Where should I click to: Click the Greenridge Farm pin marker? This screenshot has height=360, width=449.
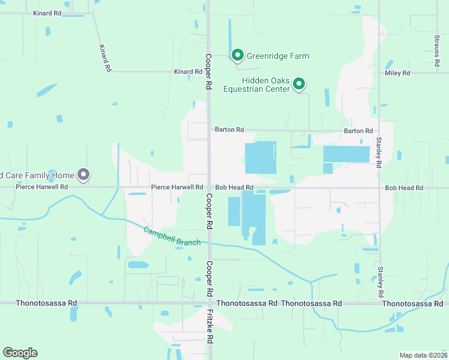[237, 55]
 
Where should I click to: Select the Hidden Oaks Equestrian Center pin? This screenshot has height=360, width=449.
[299, 85]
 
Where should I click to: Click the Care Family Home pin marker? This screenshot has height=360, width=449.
[84, 175]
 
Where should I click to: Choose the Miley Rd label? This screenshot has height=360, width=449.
[397, 73]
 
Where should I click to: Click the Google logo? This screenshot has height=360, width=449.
[20, 353]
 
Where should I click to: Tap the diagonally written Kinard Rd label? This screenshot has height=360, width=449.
[106, 58]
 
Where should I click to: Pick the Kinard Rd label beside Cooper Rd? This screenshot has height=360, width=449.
[188, 72]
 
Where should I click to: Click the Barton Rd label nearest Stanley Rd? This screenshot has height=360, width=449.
[358, 131]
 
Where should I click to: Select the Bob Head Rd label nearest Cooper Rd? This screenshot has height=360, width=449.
[234, 188]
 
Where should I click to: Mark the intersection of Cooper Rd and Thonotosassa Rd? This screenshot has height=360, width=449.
[209, 304]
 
